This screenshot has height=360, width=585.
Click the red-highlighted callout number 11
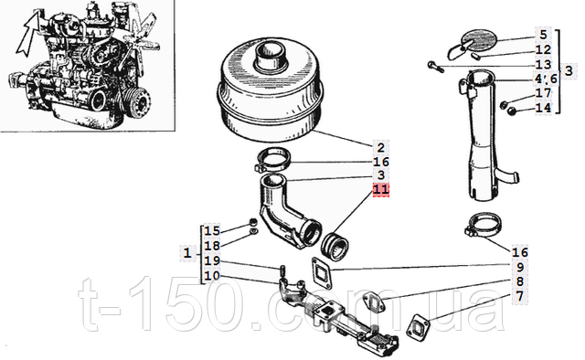[x=381, y=189]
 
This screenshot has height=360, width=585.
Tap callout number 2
[x=380, y=148]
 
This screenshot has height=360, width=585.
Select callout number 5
[x=543, y=35]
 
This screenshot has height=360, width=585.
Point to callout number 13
[x=543, y=65]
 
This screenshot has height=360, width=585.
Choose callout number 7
[x=520, y=296]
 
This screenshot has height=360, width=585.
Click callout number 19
[x=212, y=260]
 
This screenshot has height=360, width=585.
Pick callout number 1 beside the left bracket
[x=187, y=254]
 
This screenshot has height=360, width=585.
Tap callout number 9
[x=520, y=267]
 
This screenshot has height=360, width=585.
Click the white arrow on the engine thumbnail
[x=27, y=34]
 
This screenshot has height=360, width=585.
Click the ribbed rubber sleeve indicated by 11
[x=335, y=247]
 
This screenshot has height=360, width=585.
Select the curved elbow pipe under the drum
[x=287, y=214]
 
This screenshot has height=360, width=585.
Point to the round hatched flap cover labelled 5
[x=479, y=40]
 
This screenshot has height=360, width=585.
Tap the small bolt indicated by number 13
[x=435, y=67]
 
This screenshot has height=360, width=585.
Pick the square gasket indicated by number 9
[x=321, y=272]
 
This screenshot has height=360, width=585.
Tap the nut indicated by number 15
[x=253, y=222]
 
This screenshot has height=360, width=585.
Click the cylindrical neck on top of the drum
[x=270, y=55]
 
